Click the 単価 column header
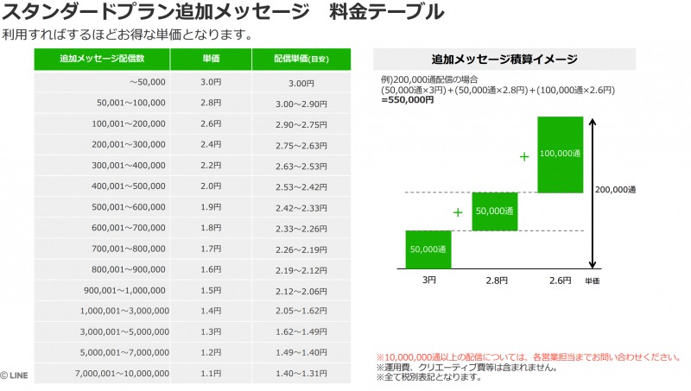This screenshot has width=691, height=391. pyautogui.click(x=210, y=60)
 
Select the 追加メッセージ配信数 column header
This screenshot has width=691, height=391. pyautogui.click(x=102, y=60)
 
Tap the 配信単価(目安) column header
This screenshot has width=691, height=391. pyautogui.click(x=301, y=60)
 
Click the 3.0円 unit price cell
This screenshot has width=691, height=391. pyautogui.click(x=210, y=82)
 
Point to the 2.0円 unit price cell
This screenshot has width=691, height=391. pyautogui.click(x=210, y=186)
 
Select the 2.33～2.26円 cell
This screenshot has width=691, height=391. pyautogui.click(x=301, y=227)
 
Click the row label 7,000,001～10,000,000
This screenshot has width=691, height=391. pyautogui.click(x=122, y=373)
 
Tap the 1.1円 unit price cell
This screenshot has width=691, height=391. pyautogui.click(x=210, y=373)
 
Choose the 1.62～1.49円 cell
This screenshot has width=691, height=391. pyautogui.click(x=301, y=331)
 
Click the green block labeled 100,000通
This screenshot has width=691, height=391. pyautogui.click(x=560, y=155)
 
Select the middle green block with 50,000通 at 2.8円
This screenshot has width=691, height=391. pyautogui.click(x=494, y=211)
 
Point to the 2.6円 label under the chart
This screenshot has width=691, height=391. pyautogui.click(x=560, y=281)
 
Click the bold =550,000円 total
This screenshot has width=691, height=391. pyautogui.click(x=408, y=100)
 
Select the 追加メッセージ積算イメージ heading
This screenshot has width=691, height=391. pyautogui.click(x=504, y=60)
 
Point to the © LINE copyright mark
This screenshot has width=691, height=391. pyautogui.click(x=16, y=375)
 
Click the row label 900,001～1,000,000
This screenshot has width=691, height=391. pyautogui.click(x=126, y=290)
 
